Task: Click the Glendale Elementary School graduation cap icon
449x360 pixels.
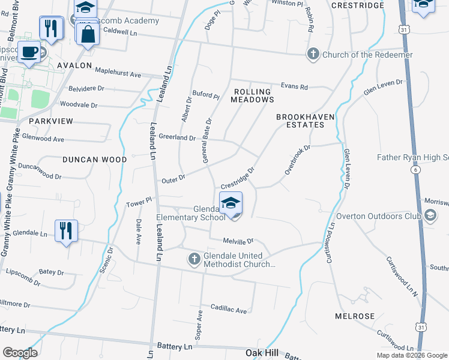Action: [231, 204]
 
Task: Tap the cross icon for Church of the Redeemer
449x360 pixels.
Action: [313, 55]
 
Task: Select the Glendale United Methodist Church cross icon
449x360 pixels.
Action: [194, 259]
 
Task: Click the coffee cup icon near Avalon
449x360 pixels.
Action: [28, 52]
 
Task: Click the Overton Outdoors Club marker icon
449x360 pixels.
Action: [430, 215]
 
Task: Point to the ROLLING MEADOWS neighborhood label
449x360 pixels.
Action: [253, 95]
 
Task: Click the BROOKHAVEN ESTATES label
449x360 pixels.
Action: [300, 121]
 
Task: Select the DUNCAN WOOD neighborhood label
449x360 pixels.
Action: [95, 160]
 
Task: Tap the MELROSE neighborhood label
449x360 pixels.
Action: [355, 316]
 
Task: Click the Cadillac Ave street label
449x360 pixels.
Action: [228, 310]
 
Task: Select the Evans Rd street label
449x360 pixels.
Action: [295, 87]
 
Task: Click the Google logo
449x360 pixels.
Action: [20, 353]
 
